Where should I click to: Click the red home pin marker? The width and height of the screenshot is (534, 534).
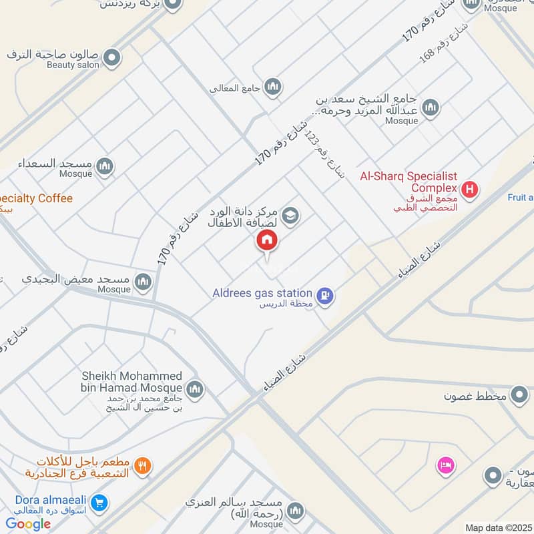pyautogui.click(x=267, y=240)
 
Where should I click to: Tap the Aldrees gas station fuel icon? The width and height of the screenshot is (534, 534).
pyautogui.click(x=325, y=294)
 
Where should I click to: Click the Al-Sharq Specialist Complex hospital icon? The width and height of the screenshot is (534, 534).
pyautogui.click(x=471, y=190)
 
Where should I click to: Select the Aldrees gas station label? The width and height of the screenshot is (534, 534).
pyautogui.click(x=262, y=293)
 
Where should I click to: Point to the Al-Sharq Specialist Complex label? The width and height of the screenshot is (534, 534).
pyautogui.click(x=409, y=182)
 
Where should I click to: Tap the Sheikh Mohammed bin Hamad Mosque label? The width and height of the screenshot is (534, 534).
pyautogui.click(x=131, y=382)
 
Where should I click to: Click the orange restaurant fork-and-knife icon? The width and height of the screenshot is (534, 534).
pyautogui.click(x=142, y=467)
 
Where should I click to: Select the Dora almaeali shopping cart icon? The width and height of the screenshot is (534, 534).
pyautogui.click(x=99, y=503)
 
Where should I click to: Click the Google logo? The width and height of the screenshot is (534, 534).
pyautogui.click(x=28, y=524)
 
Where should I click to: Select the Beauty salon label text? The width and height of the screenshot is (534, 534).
pyautogui.click(x=73, y=65)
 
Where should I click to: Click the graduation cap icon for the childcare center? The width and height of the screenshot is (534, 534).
pyautogui.click(x=290, y=215)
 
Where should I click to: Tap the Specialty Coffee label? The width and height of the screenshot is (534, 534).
pyautogui.click(x=36, y=198)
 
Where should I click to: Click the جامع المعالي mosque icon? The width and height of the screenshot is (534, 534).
pyautogui.click(x=272, y=87)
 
